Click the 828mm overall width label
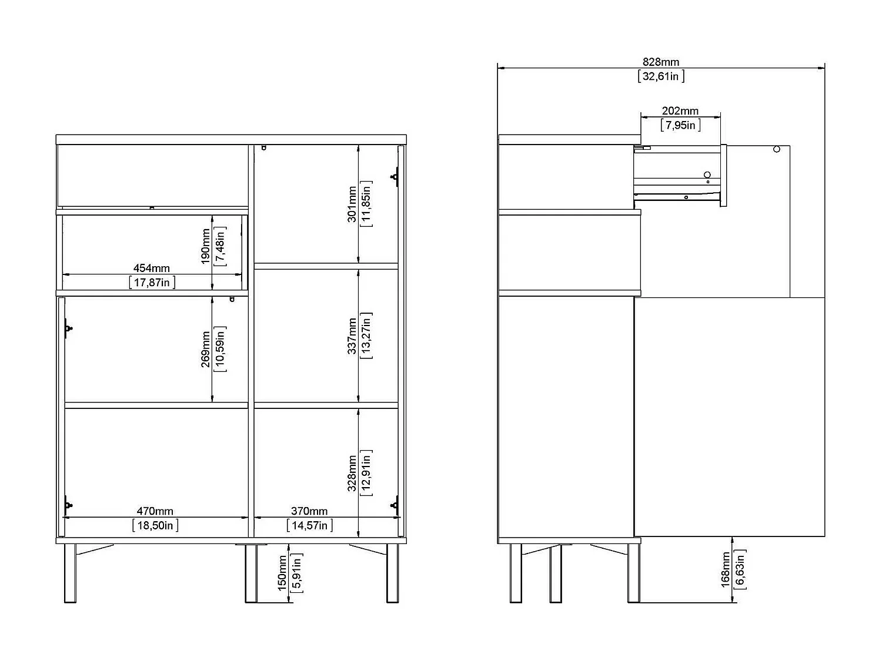tap(660, 62)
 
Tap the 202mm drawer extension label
tap(680, 111)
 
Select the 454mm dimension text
tap(152, 268)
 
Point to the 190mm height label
tap(205, 246)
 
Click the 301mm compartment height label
tap(352, 204)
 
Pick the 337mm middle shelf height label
tap(352, 336)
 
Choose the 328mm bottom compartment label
tap(352, 473)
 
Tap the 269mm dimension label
tap(205, 349)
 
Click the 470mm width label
tap(155, 511)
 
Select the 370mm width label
tap(309, 511)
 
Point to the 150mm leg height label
tap(282, 573)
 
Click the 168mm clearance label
tap(725, 569)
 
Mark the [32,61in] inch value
tap(661, 76)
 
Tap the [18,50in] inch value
tap(155, 525)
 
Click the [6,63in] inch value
tap(740, 569)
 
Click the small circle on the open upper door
tap(777, 149)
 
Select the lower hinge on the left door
tap(68, 505)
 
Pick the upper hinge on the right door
tap(395, 177)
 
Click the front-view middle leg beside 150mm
tap(251, 573)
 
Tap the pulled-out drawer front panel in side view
tap(723, 175)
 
